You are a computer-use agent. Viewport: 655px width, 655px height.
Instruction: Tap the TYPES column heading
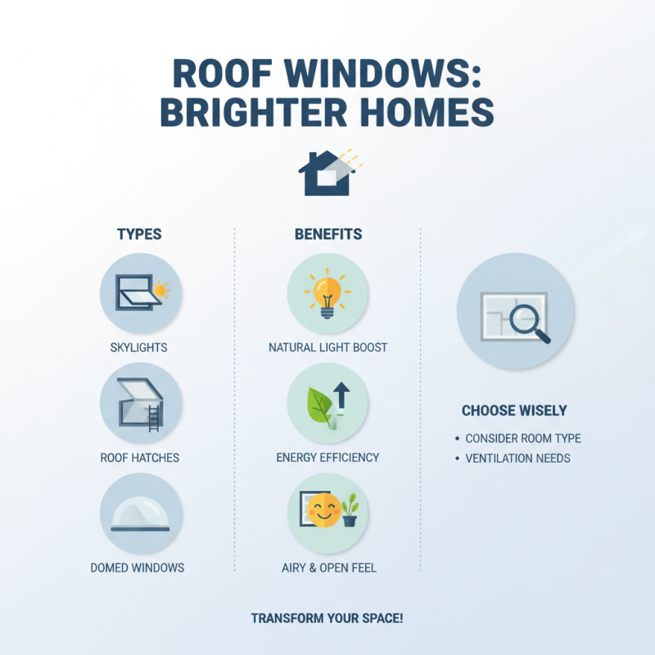tap(139, 234)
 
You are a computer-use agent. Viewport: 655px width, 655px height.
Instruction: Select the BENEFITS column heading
tap(328, 234)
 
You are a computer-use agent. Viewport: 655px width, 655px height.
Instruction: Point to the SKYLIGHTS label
tap(139, 348)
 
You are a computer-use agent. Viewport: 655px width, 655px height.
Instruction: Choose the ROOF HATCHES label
tap(139, 457)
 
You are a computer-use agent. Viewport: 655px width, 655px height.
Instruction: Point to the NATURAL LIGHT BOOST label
tap(328, 348)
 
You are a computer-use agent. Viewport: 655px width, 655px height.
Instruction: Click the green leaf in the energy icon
tap(320, 406)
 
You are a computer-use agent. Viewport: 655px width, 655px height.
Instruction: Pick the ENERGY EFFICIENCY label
tap(328, 457)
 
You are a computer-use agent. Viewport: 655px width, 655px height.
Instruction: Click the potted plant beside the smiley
tap(350, 510)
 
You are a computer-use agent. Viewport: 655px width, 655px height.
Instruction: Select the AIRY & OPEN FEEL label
tap(328, 567)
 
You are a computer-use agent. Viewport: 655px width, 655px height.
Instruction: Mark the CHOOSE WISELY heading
tap(514, 411)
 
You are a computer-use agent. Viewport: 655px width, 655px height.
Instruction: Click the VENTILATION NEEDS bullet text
tap(517, 458)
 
